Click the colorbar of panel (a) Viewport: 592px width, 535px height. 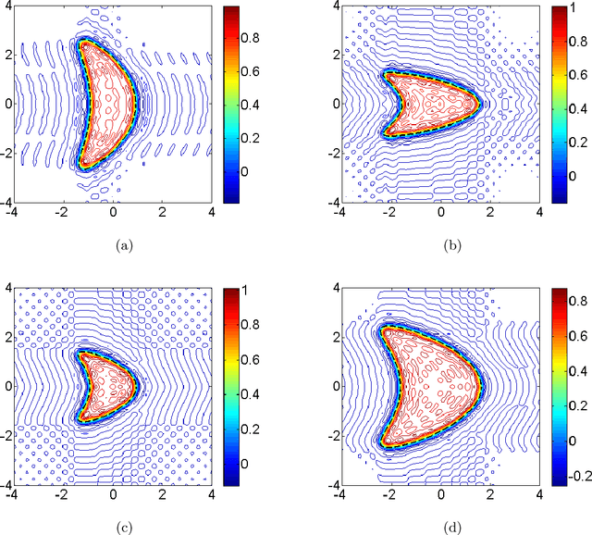(231, 104)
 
